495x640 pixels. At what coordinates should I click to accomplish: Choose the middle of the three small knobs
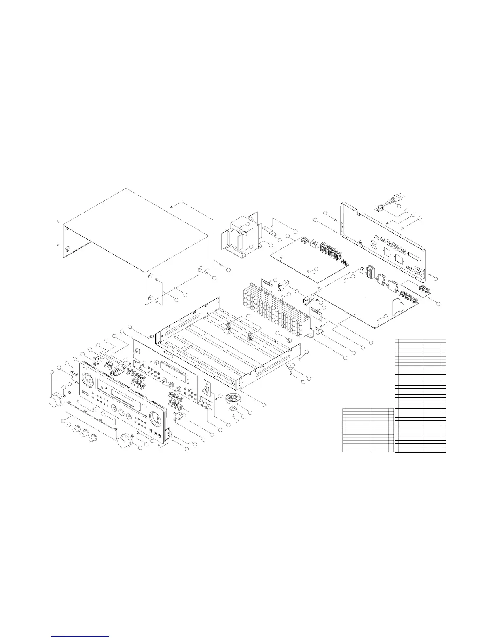85,434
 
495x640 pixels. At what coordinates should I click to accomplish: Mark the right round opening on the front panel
156,419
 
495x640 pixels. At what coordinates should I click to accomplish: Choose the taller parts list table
420,396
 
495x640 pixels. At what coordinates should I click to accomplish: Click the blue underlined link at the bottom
81,636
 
